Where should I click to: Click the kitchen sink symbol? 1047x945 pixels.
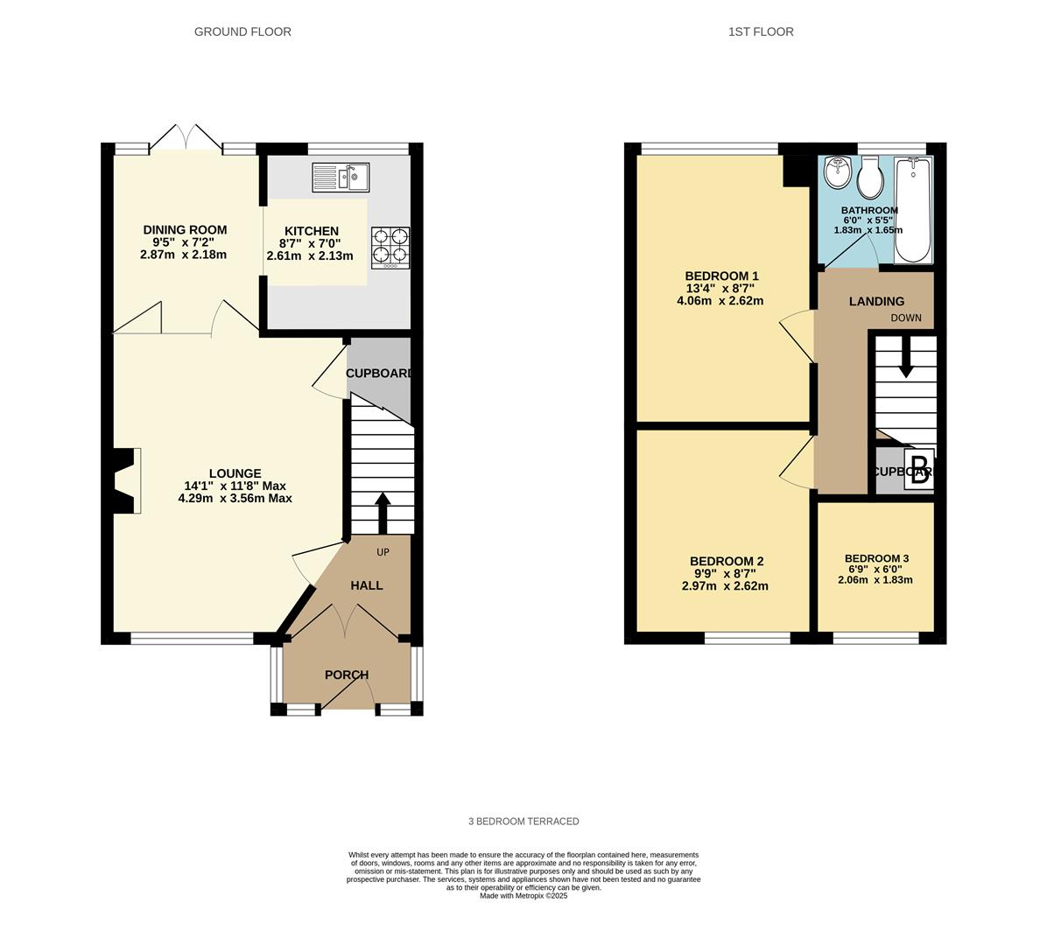tap(341, 178)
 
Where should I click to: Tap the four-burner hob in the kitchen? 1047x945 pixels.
tap(390, 246)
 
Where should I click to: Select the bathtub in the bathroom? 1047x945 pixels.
tap(913, 210)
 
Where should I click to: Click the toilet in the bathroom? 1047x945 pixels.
tap(869, 178)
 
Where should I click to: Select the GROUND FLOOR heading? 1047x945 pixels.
tap(242, 31)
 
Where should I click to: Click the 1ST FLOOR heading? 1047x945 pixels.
tap(761, 31)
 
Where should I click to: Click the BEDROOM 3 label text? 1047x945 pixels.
tap(876, 558)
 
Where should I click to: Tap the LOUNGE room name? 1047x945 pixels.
tap(235, 473)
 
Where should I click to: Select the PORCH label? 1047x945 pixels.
tap(347, 675)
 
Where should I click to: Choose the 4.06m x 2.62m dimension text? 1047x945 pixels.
tap(720, 301)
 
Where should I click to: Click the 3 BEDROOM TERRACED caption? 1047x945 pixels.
tap(523, 822)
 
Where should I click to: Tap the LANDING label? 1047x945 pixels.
tap(876, 301)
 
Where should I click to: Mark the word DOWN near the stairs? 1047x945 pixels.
tap(906, 318)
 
